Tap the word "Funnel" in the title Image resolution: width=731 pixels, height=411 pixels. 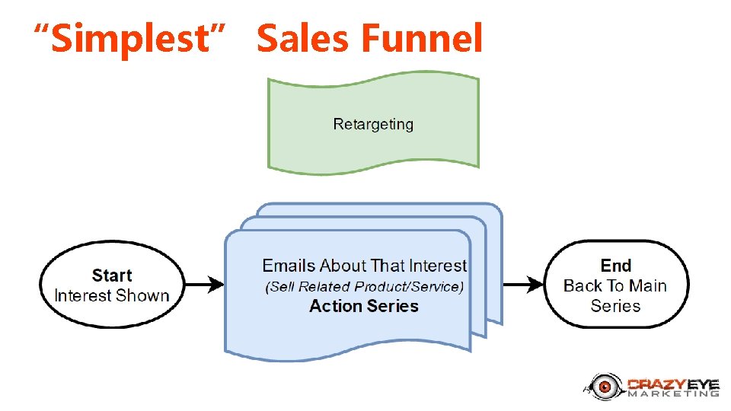tap(423, 39)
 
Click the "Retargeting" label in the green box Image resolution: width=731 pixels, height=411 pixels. tap(373, 124)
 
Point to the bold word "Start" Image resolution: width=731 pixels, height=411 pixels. tap(112, 276)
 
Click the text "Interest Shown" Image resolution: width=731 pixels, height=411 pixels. tap(112, 295)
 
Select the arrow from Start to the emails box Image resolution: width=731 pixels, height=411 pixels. tap(204, 285)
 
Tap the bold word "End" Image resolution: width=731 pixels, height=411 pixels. tap(616, 266)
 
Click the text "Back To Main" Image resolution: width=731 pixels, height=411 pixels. tap(615, 286)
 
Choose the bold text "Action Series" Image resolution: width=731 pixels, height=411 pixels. tap(364, 306)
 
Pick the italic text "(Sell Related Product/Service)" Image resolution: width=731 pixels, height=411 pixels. tap(364, 287)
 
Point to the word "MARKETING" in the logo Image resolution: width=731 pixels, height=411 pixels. tap(673, 393)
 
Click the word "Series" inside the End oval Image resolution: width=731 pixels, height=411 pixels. tap(615, 306)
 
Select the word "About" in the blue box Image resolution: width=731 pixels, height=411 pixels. tap(343, 266)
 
